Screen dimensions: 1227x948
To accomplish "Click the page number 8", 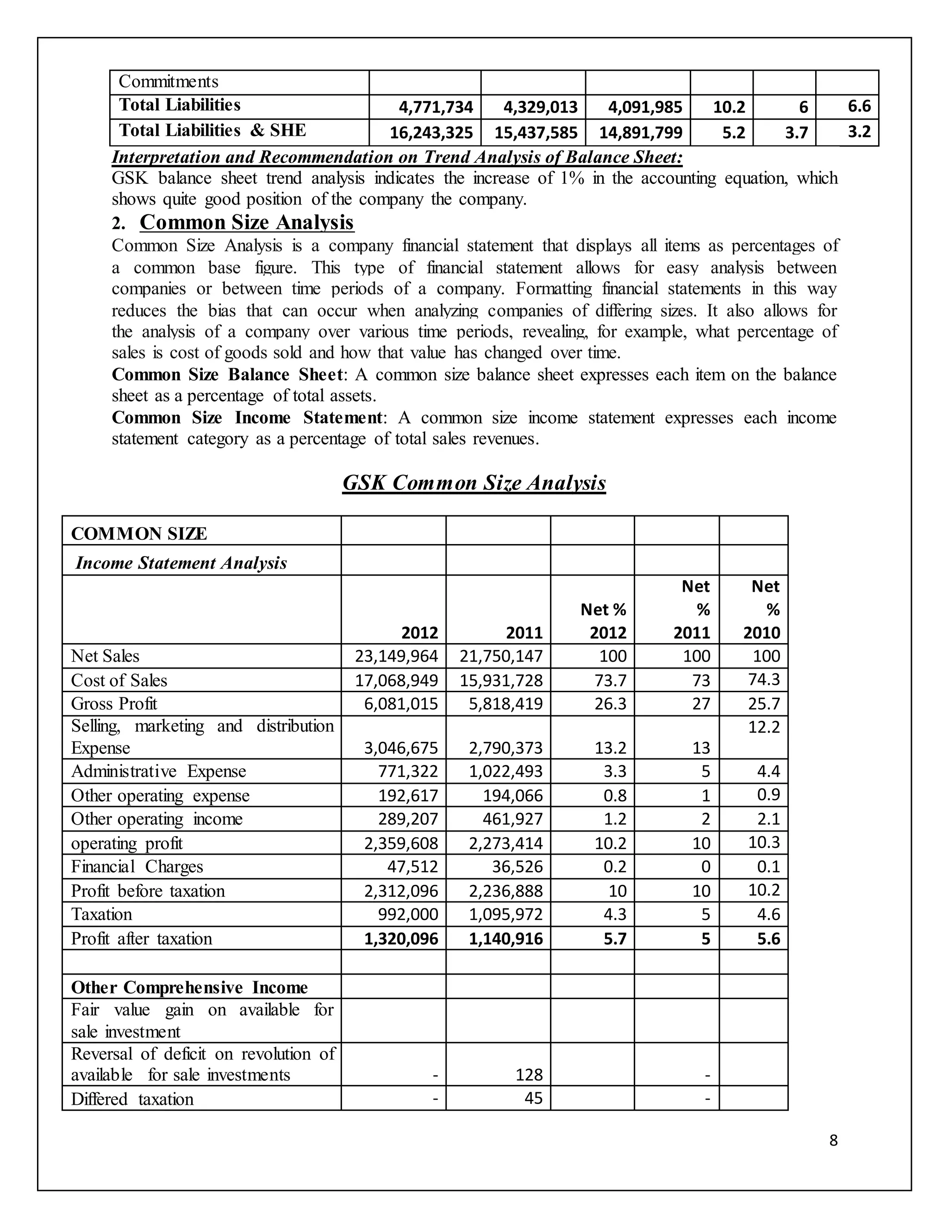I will point(833,1140).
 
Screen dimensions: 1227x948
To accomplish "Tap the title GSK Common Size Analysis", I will point(474,482).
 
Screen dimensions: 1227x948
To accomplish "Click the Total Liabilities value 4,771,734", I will point(436,107).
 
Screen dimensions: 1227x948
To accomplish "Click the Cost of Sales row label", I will point(119,680).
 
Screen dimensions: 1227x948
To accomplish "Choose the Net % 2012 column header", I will point(603,621).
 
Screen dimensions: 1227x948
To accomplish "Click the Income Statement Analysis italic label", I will point(181,563).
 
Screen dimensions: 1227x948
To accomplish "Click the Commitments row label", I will point(168,82).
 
